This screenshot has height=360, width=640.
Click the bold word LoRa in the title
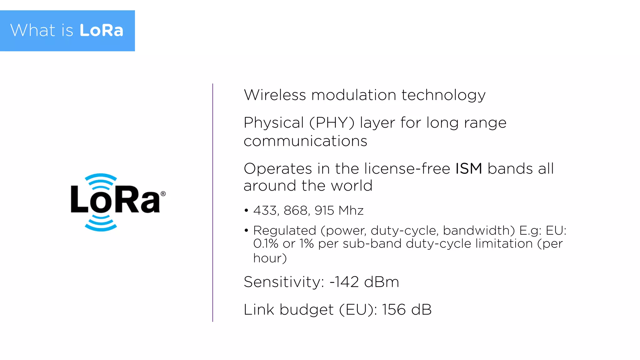click(101, 31)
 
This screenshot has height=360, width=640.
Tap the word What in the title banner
click(33, 31)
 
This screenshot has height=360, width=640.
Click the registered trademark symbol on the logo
click(163, 194)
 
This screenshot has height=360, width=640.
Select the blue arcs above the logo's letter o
click(101, 181)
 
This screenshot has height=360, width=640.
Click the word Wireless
click(275, 95)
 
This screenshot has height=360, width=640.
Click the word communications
click(305, 141)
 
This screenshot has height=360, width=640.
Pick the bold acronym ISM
click(468, 169)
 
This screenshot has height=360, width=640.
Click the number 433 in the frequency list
click(265, 211)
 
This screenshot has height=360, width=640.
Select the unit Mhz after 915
click(351, 211)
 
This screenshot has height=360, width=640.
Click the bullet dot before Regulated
click(246, 231)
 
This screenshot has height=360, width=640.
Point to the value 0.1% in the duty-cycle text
click(265, 244)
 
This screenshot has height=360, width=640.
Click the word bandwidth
click(478, 231)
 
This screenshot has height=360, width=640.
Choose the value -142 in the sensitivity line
click(344, 282)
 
